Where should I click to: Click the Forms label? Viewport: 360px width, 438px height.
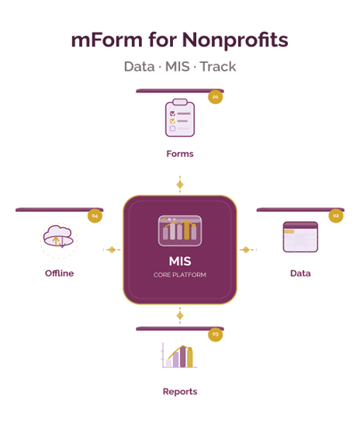pyautogui.click(x=179, y=154)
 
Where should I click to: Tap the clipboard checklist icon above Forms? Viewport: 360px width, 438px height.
pyautogui.click(x=179, y=117)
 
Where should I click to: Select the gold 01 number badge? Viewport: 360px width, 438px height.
pyautogui.click(x=216, y=97)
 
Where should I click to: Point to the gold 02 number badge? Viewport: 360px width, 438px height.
pyautogui.click(x=336, y=215)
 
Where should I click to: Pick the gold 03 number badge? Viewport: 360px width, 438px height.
pyautogui.click(x=216, y=335)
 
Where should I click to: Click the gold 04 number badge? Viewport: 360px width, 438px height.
pyautogui.click(x=95, y=215)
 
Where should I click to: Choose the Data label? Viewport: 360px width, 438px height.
pyautogui.click(x=300, y=273)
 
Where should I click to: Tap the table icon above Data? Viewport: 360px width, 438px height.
pyautogui.click(x=300, y=237)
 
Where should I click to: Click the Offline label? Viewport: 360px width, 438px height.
pyautogui.click(x=60, y=273)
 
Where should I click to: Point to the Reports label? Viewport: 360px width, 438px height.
pyautogui.click(x=179, y=391)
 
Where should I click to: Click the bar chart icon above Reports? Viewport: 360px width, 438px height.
pyautogui.click(x=180, y=356)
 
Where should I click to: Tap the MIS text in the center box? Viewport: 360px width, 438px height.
pyautogui.click(x=180, y=261)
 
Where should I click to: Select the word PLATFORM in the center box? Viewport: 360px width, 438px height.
pyautogui.click(x=189, y=276)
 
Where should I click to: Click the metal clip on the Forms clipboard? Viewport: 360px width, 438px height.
pyautogui.click(x=179, y=102)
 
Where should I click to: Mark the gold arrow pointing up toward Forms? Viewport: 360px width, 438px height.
pyautogui.click(x=180, y=180)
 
